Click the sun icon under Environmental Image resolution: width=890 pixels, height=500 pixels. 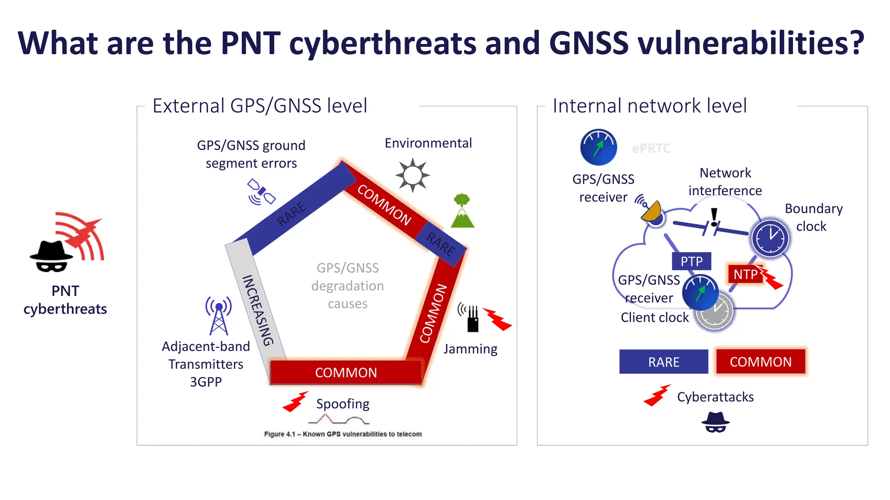[x=412, y=175]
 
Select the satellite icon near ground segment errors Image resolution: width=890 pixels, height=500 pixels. [x=261, y=192]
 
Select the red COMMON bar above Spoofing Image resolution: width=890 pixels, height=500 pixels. [x=346, y=372]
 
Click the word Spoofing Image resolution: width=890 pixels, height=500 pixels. [x=342, y=404]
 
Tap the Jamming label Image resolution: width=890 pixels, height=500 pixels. [x=470, y=349]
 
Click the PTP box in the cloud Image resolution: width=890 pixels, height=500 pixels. [x=691, y=261]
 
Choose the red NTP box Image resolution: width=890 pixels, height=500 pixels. [x=745, y=274]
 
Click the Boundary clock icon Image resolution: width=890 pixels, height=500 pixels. [x=770, y=238]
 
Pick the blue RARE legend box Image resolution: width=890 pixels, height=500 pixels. [x=664, y=362]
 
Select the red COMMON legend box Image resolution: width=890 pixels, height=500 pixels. [x=760, y=362]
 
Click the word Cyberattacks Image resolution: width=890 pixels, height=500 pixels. [x=715, y=397]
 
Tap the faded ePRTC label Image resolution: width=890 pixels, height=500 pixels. [x=651, y=148]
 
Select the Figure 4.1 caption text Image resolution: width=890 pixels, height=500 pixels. [x=343, y=434]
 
